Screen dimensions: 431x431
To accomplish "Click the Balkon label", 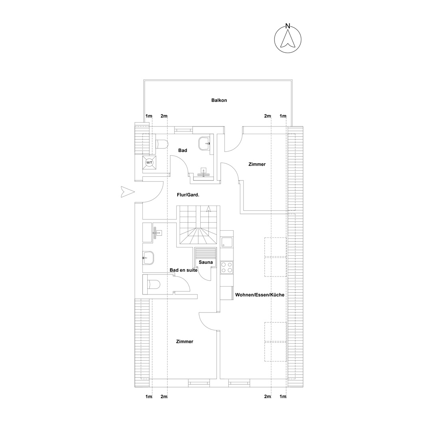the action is pos(219,100).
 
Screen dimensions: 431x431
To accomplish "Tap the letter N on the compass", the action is pos(287,26).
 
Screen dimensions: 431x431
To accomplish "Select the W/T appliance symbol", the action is pos(149,162).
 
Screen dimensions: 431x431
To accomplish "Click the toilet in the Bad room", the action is pos(162,144).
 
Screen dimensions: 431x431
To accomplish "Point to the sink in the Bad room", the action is pos(204,143).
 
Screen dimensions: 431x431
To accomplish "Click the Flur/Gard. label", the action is pos(188,195).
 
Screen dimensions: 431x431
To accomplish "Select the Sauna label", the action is pos(206,262).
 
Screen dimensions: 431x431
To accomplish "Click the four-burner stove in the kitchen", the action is pos(227,267).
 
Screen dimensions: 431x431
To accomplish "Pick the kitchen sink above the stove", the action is pos(227,243).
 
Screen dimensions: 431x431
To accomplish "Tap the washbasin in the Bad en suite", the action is pos(148,258).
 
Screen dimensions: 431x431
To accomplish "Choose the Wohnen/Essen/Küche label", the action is pos(260,295).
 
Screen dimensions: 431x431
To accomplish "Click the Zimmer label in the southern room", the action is pos(185,341).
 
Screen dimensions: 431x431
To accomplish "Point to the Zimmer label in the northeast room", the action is pos(257,164).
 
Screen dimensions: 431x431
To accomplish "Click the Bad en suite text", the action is pos(183,270).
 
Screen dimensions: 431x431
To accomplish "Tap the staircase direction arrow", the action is pos(209,209).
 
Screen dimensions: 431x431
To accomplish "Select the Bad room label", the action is pos(182,150).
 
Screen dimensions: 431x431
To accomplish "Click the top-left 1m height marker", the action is pos(149,116).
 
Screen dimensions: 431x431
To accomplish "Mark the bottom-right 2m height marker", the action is pos(267,396).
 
